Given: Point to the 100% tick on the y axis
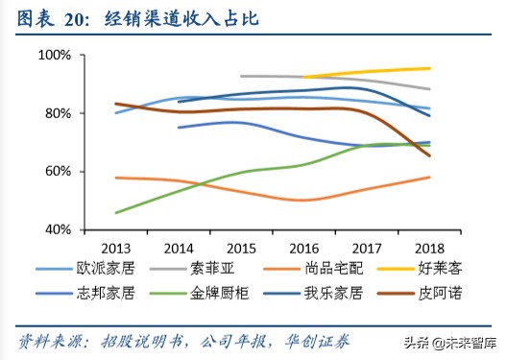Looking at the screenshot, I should (55, 56).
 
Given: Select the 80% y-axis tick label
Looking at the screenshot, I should (58, 113).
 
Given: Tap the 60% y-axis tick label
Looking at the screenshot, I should (58, 172).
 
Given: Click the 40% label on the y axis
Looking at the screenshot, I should (58, 230).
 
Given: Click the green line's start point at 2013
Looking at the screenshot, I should (115, 212).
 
